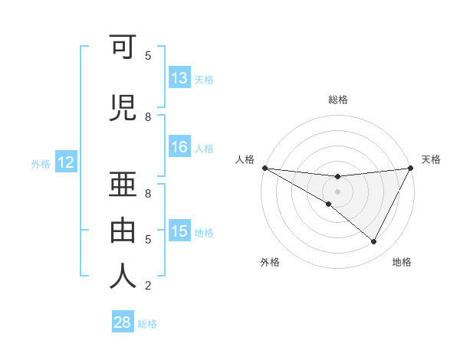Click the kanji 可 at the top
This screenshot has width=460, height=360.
point(124,49)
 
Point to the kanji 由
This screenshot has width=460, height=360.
point(124,229)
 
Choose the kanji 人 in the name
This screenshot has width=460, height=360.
point(124,275)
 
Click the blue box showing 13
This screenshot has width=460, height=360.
point(179,78)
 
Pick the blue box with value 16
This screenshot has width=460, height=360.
point(179,148)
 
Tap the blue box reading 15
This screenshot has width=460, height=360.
point(179,231)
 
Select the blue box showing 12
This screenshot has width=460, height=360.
point(66,162)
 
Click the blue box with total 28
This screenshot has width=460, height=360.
point(122,322)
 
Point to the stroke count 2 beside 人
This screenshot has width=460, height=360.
point(148,286)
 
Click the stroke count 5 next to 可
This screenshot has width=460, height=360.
point(148,56)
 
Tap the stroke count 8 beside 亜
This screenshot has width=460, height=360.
point(148,193)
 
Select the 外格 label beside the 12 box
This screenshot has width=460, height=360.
point(41,163)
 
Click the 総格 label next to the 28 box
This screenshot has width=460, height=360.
point(147,323)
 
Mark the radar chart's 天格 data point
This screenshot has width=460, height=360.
point(411,168)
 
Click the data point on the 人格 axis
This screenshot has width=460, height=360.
point(264,168)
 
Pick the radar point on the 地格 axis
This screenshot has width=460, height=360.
point(374,242)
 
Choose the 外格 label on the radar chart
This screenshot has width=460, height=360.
point(270,262)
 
